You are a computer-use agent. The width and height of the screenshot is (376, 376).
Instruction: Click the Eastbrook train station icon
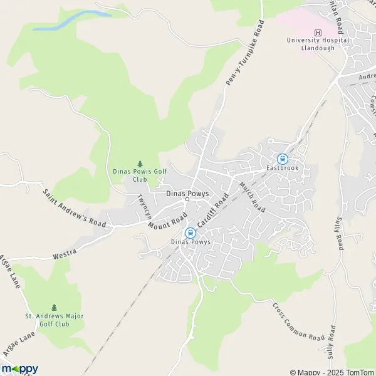282,159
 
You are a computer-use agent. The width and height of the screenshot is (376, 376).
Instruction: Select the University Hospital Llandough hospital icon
318,33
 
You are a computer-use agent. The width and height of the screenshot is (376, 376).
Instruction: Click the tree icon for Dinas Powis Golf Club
140,163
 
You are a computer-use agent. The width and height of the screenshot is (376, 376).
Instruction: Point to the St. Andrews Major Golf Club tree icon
54,307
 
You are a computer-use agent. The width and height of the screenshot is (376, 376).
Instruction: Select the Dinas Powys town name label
187,194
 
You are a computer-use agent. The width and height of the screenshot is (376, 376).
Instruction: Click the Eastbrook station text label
283,169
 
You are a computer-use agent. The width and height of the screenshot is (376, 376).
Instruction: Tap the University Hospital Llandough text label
318,44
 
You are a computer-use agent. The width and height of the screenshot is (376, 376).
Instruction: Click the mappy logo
19,368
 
